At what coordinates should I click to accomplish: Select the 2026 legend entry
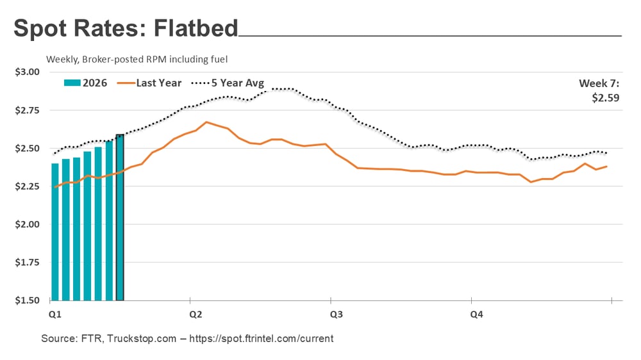click(86, 83)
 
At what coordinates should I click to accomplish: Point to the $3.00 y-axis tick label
click(27, 72)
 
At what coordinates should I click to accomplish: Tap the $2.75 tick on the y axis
click(27, 110)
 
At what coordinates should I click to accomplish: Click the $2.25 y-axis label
click(27, 186)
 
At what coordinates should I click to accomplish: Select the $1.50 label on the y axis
click(27, 300)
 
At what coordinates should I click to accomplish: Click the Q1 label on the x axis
click(54, 315)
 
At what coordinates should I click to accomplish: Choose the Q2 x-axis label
click(196, 315)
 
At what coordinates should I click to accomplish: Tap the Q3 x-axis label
click(336, 315)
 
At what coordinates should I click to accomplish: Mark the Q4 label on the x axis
click(477, 315)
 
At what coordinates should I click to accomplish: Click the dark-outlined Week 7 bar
click(119, 218)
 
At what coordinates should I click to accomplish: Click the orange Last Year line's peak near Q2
click(206, 122)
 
